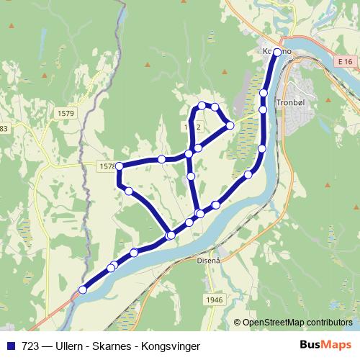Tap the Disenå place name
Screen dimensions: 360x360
(x=207, y=262)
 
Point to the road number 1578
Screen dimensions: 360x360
(x=106, y=166)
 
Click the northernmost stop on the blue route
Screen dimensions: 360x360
(x=277, y=52)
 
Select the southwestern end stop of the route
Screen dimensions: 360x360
(x=83, y=289)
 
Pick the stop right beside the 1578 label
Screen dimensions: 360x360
(x=120, y=166)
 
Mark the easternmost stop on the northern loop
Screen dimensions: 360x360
(x=230, y=125)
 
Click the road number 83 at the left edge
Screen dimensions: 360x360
(x=4, y=128)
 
